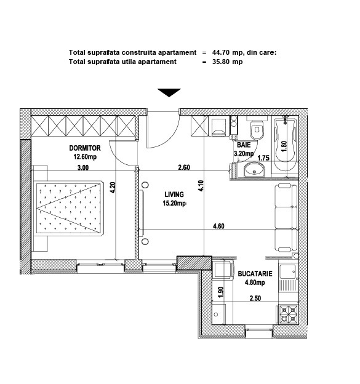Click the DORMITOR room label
click(85, 148)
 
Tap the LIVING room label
click(174, 194)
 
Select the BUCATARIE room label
click(255, 274)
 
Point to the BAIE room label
click(244, 145)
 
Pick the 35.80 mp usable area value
click(227, 62)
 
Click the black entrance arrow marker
click(169, 93)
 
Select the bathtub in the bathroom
click(285, 145)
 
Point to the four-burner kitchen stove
click(289, 314)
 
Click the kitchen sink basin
click(288, 272)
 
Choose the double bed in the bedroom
click(68, 209)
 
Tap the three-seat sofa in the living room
click(286, 218)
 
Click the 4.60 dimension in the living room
click(218, 226)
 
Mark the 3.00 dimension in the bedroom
click(83, 167)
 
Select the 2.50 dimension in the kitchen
click(255, 298)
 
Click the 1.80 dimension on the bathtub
click(284, 146)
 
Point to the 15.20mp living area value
click(174, 203)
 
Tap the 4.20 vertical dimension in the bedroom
click(113, 187)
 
